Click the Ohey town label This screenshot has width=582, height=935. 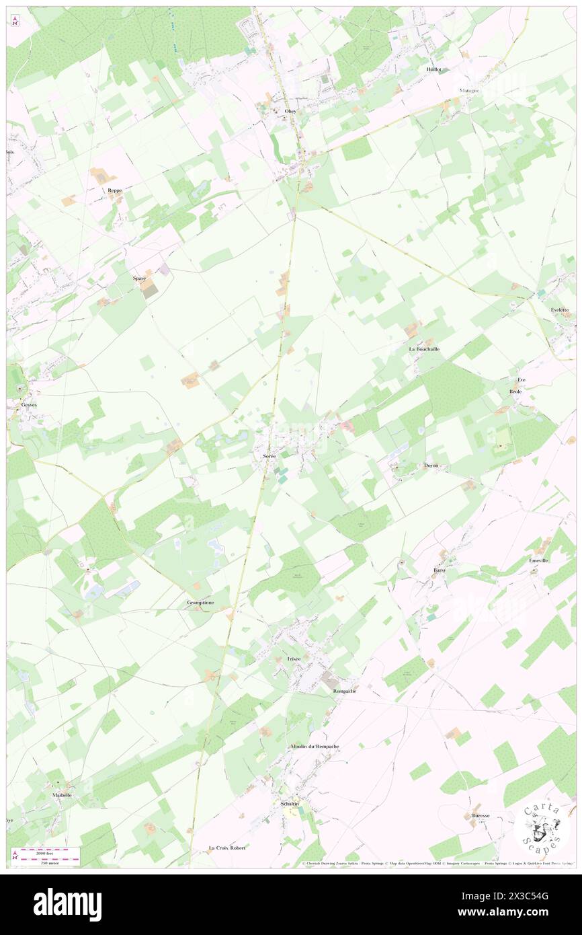(x=290, y=112)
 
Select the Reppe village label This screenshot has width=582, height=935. (x=115, y=190)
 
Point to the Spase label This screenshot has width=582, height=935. (x=139, y=278)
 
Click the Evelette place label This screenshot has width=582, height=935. (x=560, y=309)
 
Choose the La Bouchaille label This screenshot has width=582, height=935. (x=424, y=349)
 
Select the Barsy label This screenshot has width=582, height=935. (x=440, y=570)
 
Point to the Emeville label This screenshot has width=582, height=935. (x=540, y=560)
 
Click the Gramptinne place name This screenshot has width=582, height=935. (x=200, y=603)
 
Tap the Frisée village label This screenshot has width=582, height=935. (x=294, y=659)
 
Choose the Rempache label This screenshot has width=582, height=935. (x=344, y=691)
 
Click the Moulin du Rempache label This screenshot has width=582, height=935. (x=315, y=747)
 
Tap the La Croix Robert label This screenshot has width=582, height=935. (x=227, y=848)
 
